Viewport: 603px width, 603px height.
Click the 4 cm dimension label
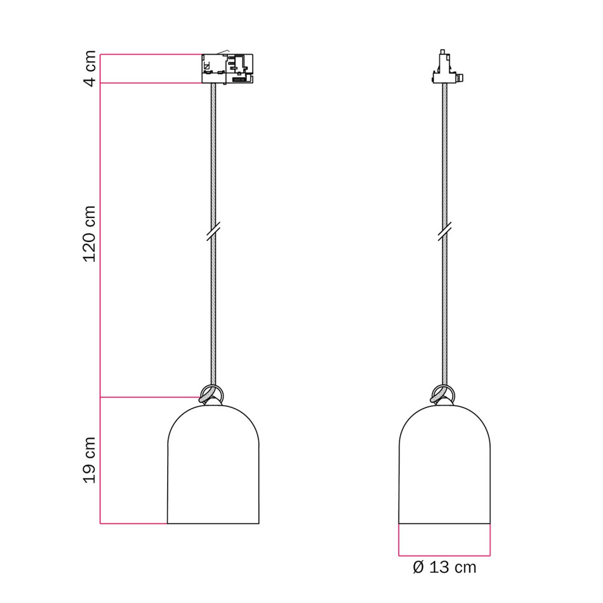[90, 68]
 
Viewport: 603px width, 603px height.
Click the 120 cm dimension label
[90, 234]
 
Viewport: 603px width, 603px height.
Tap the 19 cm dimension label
[90, 460]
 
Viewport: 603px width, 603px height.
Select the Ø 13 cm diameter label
[444, 567]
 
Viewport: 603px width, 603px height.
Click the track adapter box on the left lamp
[227, 68]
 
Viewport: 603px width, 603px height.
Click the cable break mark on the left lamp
[213, 231]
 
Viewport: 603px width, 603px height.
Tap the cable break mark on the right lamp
[445, 231]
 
